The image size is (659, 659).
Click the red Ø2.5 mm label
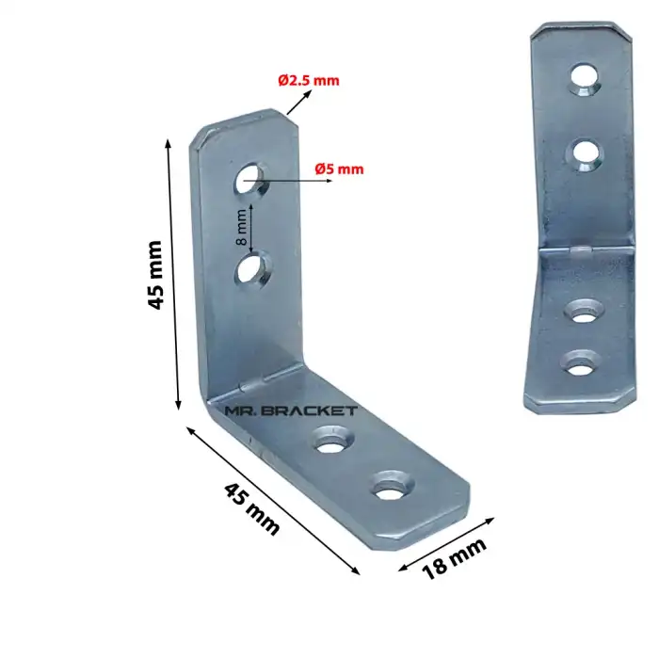[309, 80]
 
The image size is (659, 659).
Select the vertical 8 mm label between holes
[241, 225]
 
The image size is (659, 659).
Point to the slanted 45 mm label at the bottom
[252, 508]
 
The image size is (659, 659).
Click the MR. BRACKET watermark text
[291, 410]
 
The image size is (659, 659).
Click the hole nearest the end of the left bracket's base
[389, 489]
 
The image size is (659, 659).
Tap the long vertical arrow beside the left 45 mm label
[173, 273]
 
